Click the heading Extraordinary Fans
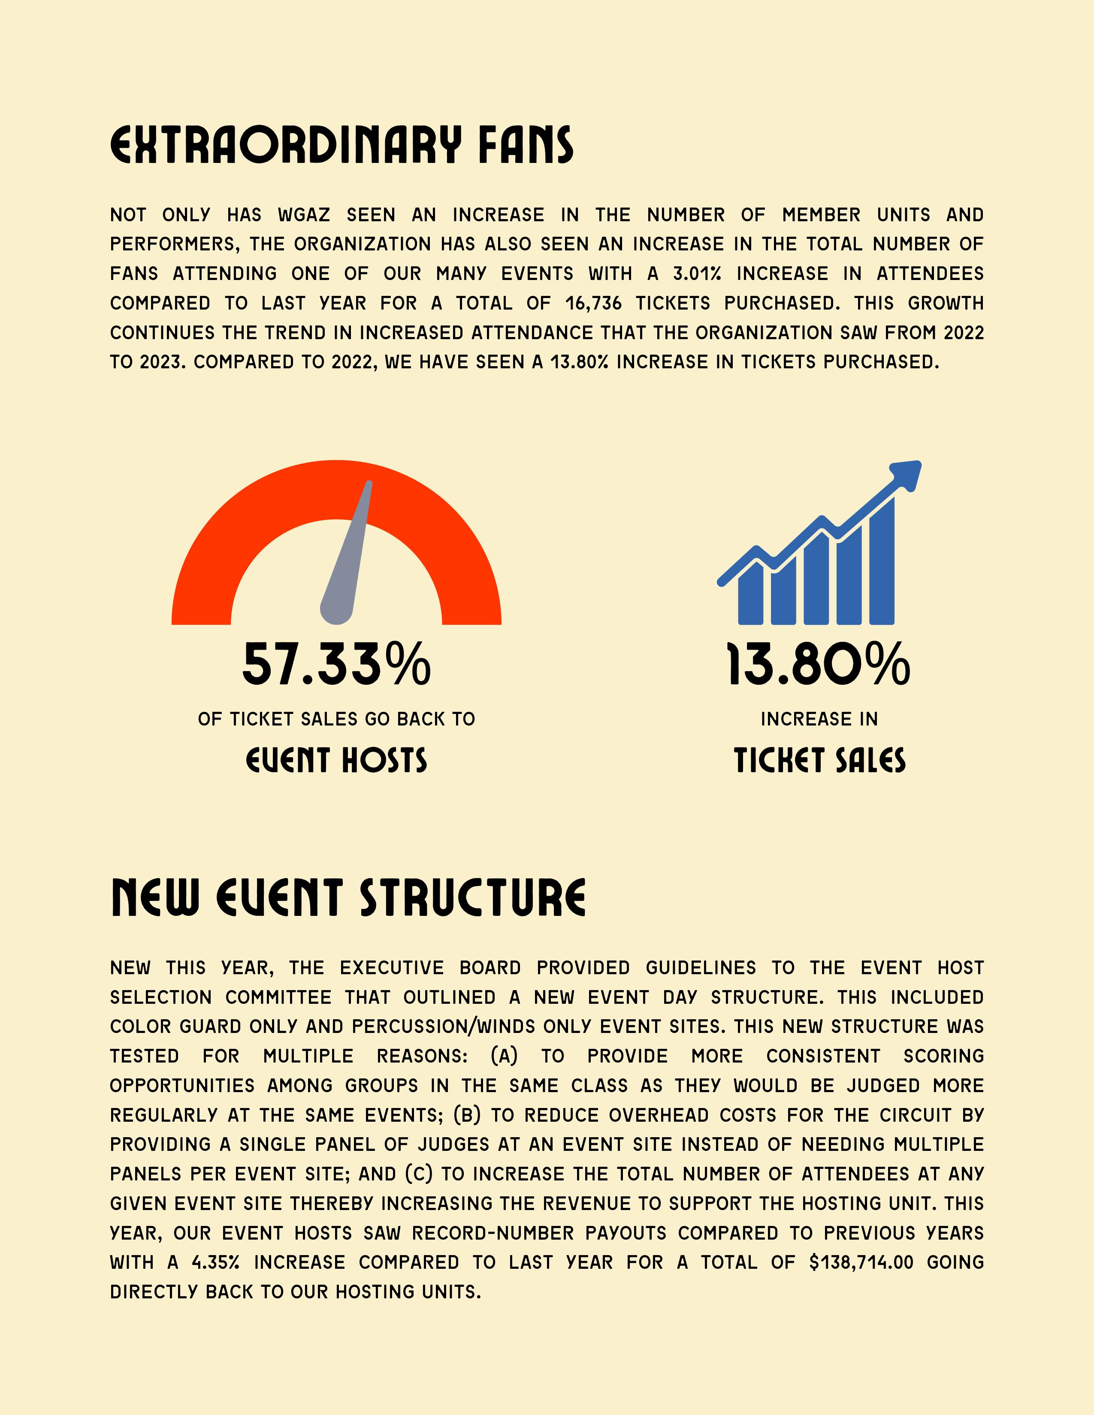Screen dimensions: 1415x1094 pyautogui.click(x=341, y=145)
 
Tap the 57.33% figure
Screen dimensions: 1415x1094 pyautogui.click(x=336, y=664)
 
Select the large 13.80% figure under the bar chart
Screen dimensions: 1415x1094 pyautogui.click(x=819, y=664)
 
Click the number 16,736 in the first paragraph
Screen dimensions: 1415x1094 pyautogui.click(x=593, y=303)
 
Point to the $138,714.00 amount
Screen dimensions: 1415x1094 pyautogui.click(x=861, y=1262)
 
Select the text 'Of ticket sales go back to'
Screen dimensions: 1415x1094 pyautogui.click(x=336, y=719)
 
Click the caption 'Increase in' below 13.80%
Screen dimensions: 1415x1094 pyautogui.click(x=819, y=719)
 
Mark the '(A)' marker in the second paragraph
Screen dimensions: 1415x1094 pyautogui.click(x=504, y=1056)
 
